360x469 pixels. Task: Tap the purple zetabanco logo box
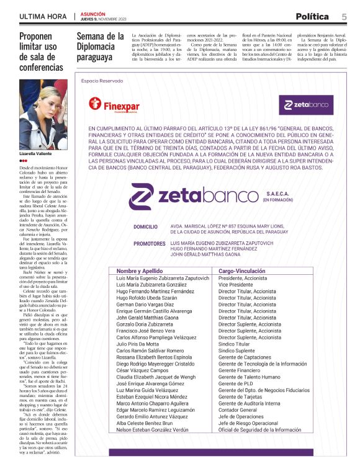click(x=305, y=105)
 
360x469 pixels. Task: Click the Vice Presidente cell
click(x=238, y=285)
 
